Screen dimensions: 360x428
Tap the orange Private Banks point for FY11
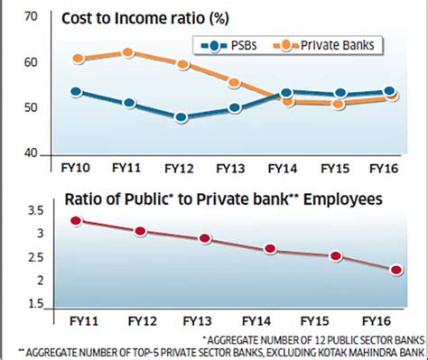click(x=128, y=52)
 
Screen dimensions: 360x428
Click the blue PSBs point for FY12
click(x=181, y=117)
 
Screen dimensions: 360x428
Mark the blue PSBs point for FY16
click(x=389, y=91)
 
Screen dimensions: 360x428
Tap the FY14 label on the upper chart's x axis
click(x=284, y=168)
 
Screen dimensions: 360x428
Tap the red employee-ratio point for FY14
click(x=269, y=249)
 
